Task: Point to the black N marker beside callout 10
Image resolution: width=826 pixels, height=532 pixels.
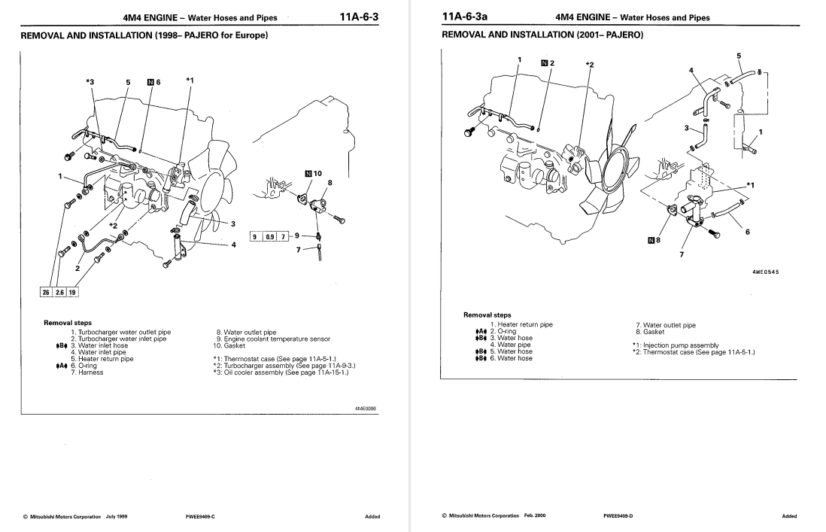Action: tap(307, 174)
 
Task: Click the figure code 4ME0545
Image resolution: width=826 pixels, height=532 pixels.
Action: tap(765, 272)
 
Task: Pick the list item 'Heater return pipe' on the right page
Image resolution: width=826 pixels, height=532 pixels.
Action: tap(521, 324)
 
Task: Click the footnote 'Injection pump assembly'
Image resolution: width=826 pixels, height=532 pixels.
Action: tap(666, 345)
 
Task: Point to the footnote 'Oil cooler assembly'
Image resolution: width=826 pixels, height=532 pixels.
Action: tap(287, 371)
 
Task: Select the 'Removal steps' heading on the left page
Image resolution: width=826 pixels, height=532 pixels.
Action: tap(68, 323)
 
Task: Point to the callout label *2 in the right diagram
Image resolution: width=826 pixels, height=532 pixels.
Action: tap(589, 65)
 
